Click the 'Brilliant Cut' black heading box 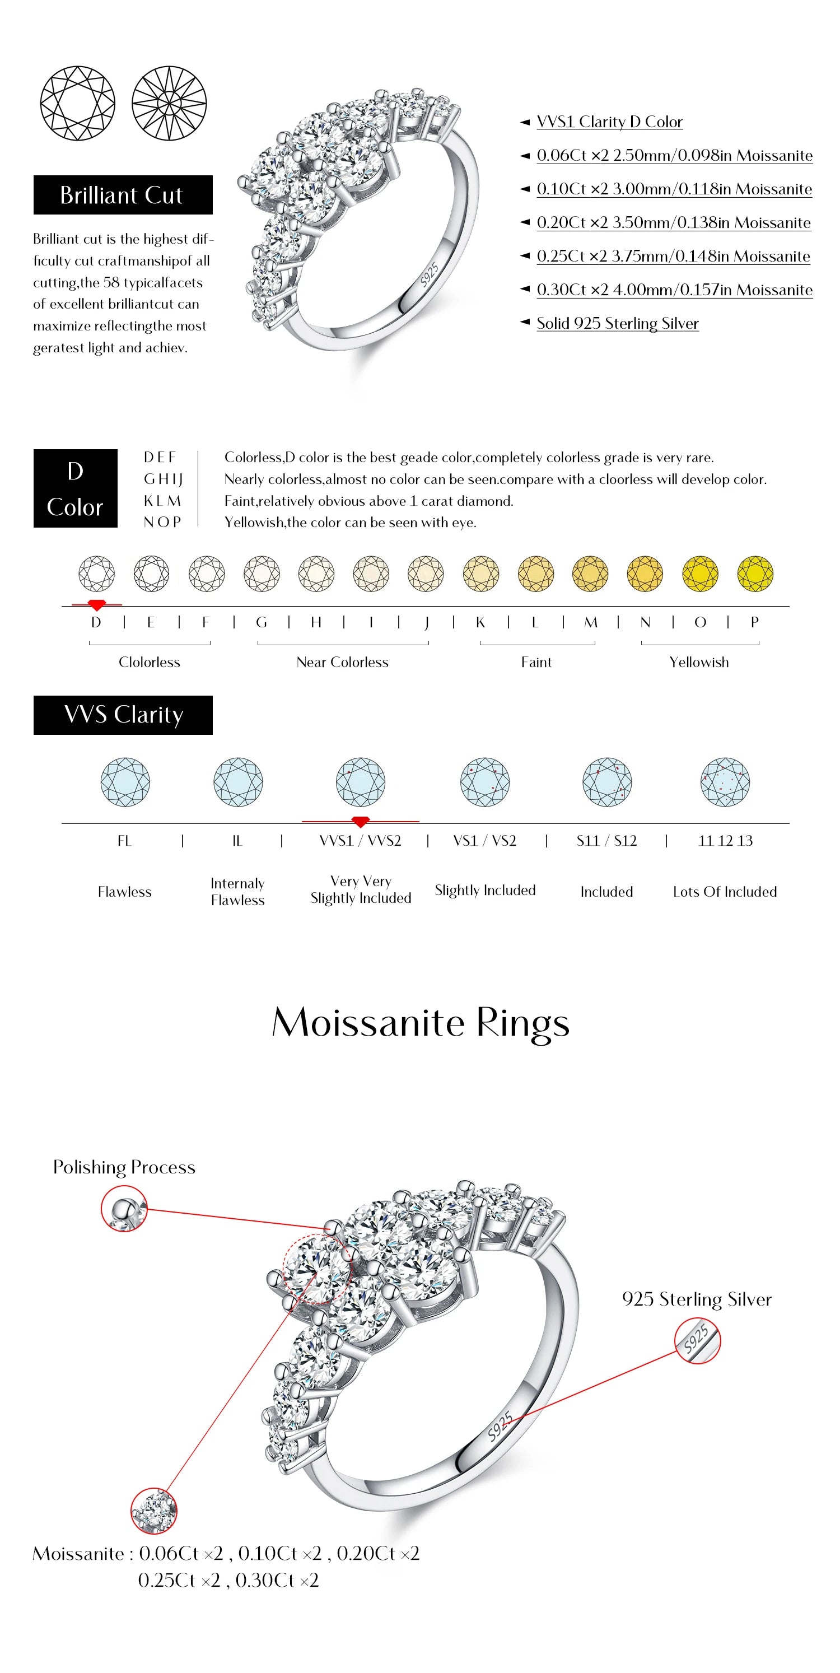pos(123,195)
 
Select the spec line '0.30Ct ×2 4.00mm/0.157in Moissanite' pos(674,290)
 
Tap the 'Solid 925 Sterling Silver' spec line pos(617,323)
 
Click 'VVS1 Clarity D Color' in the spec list pos(609,122)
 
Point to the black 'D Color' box pos(75,488)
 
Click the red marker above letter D pos(97,605)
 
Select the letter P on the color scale pos(754,622)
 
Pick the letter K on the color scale pos(480,622)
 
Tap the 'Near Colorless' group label pos(342,663)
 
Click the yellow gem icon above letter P pos(755,574)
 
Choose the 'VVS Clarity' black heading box pos(123,715)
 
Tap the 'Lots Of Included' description pos(725,892)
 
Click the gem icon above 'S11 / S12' pos(606,782)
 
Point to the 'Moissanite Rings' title pos(420,1023)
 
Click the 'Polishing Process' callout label pos(124,1168)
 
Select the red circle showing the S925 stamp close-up pos(697,1340)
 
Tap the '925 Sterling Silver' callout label pos(697,1299)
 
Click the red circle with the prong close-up pos(124,1208)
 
